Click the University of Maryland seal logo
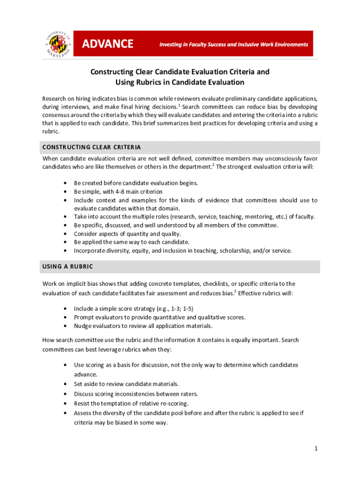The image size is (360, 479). pyautogui.click(x=58, y=44)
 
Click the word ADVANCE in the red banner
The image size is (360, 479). pyautogui.click(x=108, y=44)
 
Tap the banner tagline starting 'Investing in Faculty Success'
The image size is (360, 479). pyautogui.click(x=234, y=44)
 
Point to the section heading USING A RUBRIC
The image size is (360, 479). pyautogui.click(x=68, y=267)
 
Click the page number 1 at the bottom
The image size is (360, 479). pyautogui.click(x=316, y=449)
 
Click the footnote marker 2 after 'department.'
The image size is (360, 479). pyautogui.click(x=214, y=165)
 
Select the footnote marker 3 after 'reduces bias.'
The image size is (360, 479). pyautogui.click(x=235, y=291)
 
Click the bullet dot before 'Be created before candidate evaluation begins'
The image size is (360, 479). pyautogui.click(x=64, y=183)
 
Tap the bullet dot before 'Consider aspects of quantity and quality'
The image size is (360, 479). pyautogui.click(x=64, y=234)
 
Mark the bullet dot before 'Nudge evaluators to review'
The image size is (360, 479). pyautogui.click(x=64, y=326)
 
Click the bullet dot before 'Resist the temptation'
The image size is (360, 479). pyautogui.click(x=64, y=403)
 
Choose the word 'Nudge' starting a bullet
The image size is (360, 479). pyautogui.click(x=83, y=326)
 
